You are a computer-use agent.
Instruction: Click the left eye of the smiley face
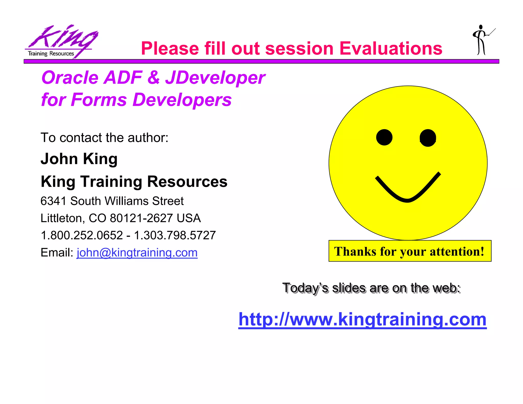(384, 137)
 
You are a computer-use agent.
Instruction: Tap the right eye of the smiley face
(428, 138)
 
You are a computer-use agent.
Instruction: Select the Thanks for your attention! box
(410, 251)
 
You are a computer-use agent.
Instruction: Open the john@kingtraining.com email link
(137, 253)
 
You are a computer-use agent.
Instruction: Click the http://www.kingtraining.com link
(362, 319)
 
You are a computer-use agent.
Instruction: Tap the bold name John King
(79, 159)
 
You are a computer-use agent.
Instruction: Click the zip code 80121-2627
(141, 218)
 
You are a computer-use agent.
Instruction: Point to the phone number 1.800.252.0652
(82, 235)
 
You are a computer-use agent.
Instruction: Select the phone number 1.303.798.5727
(175, 235)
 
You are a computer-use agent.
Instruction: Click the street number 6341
(53, 201)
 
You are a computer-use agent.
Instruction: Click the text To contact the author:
(104, 138)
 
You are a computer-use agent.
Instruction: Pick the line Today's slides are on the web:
(371, 288)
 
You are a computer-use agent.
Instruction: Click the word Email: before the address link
(57, 253)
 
